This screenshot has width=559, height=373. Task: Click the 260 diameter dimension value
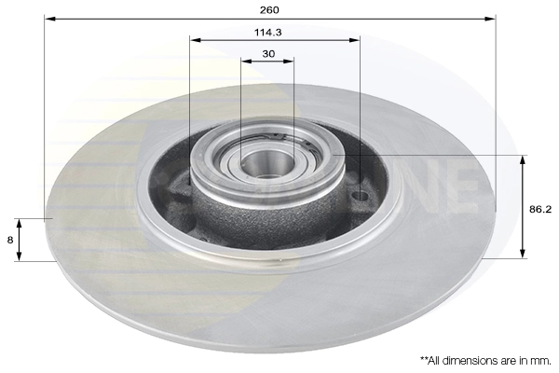pos(269,9)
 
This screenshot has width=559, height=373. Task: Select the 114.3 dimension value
pos(269,31)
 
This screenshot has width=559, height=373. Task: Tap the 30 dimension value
pos(268,53)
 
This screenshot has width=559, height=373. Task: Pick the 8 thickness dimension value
pos(9,240)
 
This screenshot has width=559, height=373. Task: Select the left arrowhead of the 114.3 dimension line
pos(194,40)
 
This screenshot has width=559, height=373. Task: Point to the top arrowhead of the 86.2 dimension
pos(522,159)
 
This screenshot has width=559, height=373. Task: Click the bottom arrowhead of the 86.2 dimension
pos(522,253)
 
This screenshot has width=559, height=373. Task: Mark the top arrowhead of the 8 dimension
pos(19,223)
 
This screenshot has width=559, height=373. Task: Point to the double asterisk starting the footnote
pos(424,358)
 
